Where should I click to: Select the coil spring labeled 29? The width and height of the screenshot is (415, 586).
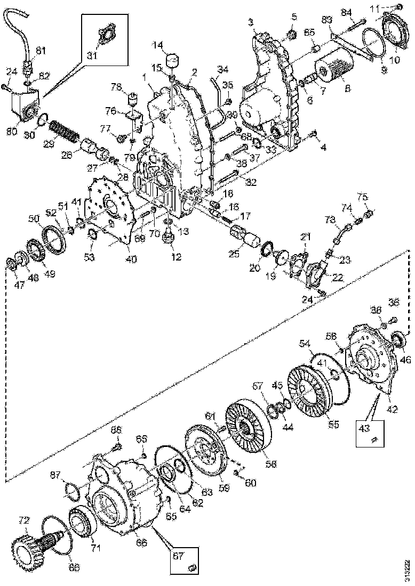(x=62, y=131)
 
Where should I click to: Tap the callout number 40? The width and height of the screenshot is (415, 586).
(x=131, y=259)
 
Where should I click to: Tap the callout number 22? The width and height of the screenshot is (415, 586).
(x=337, y=278)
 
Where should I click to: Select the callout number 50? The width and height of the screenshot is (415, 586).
(x=34, y=219)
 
